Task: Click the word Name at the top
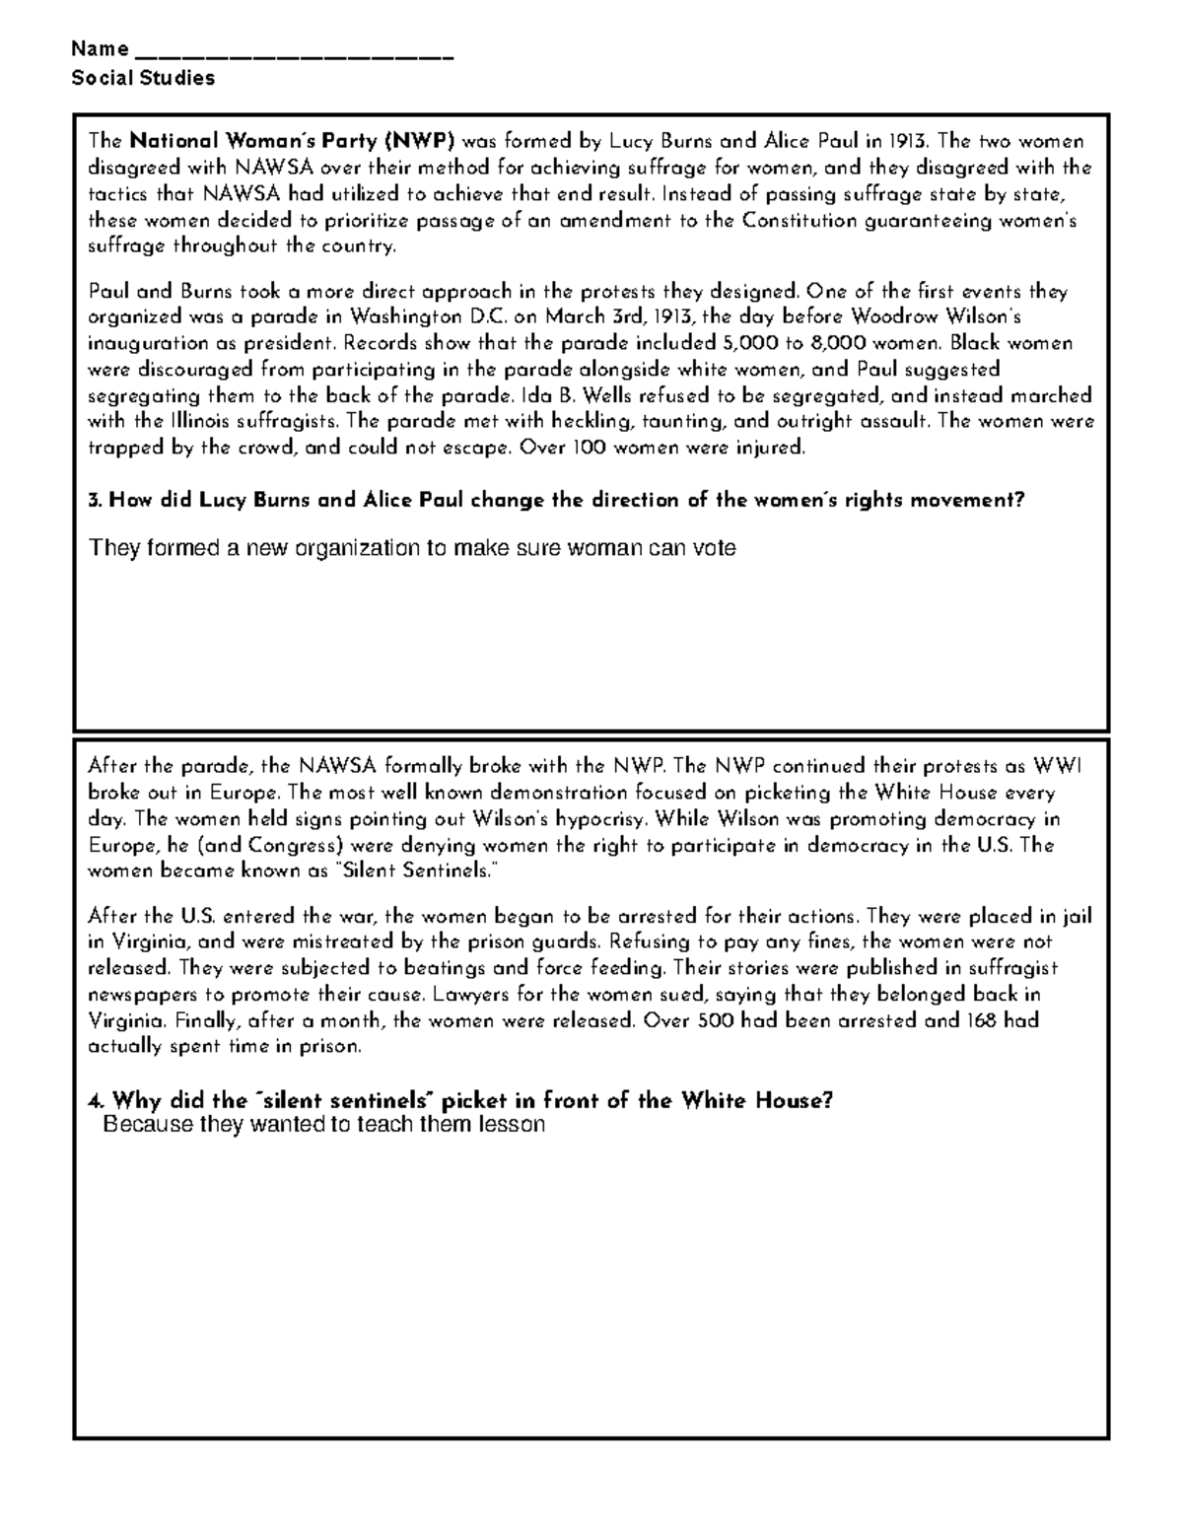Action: tap(100, 49)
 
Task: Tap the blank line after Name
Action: tap(293, 55)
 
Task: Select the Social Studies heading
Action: tap(143, 79)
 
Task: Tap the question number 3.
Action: tap(95, 501)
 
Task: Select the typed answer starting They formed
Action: tap(412, 548)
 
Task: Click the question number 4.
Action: tap(96, 1101)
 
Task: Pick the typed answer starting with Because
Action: tap(324, 1125)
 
